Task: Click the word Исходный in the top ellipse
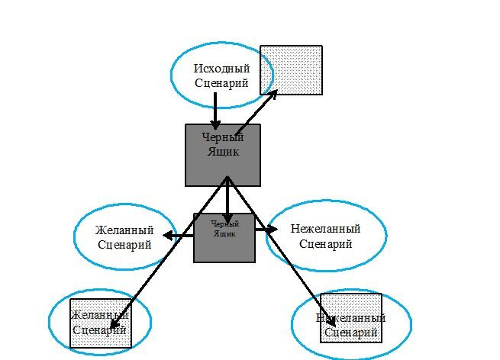(x=221, y=69)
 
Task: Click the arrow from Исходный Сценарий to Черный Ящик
(x=216, y=111)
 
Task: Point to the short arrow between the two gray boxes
(x=227, y=200)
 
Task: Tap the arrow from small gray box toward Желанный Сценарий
(x=180, y=236)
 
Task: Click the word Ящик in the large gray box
(x=223, y=152)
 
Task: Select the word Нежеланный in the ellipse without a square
(x=325, y=229)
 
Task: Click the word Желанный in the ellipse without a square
(x=124, y=230)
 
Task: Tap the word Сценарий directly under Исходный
(x=221, y=83)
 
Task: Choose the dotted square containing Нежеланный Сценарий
(x=350, y=326)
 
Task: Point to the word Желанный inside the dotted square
(x=99, y=316)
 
